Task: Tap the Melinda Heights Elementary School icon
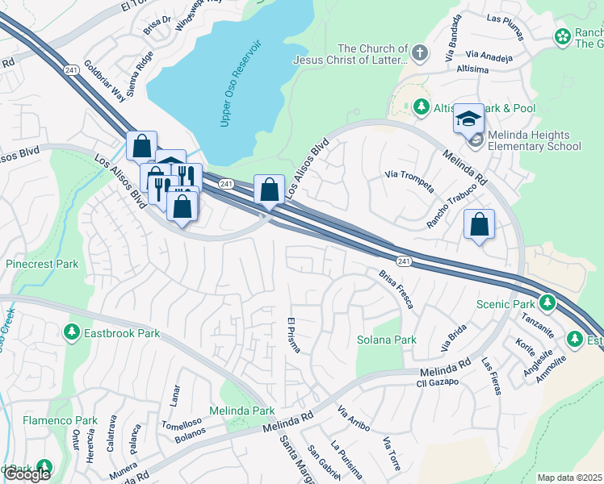(x=468, y=119)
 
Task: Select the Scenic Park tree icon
(x=548, y=303)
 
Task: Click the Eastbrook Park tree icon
(x=72, y=332)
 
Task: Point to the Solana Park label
(x=387, y=340)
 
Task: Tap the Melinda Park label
(x=242, y=411)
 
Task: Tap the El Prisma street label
(x=294, y=335)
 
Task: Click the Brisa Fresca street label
(x=396, y=289)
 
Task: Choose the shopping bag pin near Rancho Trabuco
(x=480, y=225)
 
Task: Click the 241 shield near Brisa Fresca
(x=405, y=260)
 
